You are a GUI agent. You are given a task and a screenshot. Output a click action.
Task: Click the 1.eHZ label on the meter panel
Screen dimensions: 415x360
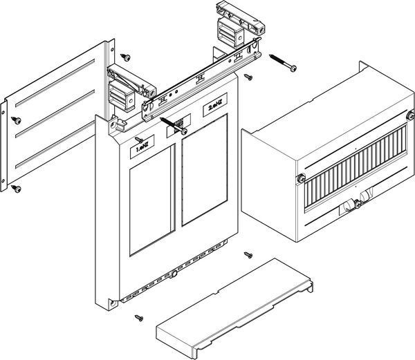pyautogui.click(x=142, y=146)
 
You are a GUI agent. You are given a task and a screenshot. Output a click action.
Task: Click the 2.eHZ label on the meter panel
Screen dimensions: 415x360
pyautogui.click(x=215, y=105)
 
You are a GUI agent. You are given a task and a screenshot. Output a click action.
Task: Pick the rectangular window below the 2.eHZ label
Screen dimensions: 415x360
pyautogui.click(x=205, y=170)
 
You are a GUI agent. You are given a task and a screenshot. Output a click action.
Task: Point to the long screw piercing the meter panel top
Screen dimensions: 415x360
pyautogui.click(x=174, y=126)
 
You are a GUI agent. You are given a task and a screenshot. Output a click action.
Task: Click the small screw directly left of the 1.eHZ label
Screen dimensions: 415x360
pyautogui.click(x=139, y=140)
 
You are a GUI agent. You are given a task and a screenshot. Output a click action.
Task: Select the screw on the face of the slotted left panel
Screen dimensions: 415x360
pyautogui.click(x=17, y=120)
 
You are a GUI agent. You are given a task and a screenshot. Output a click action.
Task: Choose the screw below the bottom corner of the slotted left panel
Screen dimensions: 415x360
pyautogui.click(x=16, y=189)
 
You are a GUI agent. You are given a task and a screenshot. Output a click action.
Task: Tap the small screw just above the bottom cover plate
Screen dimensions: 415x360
pyautogui.click(x=248, y=255)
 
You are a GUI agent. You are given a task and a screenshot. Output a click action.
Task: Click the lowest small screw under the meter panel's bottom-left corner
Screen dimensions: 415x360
pyautogui.click(x=139, y=318)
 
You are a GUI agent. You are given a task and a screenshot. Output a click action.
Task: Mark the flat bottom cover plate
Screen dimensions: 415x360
pyautogui.click(x=234, y=309)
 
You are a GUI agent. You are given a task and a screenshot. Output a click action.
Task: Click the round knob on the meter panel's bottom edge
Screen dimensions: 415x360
pyautogui.click(x=174, y=274)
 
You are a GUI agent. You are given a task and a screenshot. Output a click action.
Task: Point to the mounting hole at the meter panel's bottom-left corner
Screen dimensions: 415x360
pyautogui.click(x=113, y=303)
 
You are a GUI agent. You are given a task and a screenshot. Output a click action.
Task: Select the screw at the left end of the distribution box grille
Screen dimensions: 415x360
pyautogui.click(x=301, y=178)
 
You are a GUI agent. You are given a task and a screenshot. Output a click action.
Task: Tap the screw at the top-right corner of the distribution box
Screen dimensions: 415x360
pyautogui.click(x=411, y=115)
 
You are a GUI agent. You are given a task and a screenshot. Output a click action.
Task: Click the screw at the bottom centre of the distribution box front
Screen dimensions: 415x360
pyautogui.click(x=358, y=204)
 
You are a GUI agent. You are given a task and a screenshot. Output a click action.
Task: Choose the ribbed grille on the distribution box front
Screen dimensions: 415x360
pyautogui.click(x=356, y=168)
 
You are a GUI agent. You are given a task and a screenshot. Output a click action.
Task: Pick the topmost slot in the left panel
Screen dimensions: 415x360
pyautogui.click(x=55, y=83)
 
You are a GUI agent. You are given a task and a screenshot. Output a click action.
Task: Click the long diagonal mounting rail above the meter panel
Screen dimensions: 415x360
pyautogui.click(x=201, y=79)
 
